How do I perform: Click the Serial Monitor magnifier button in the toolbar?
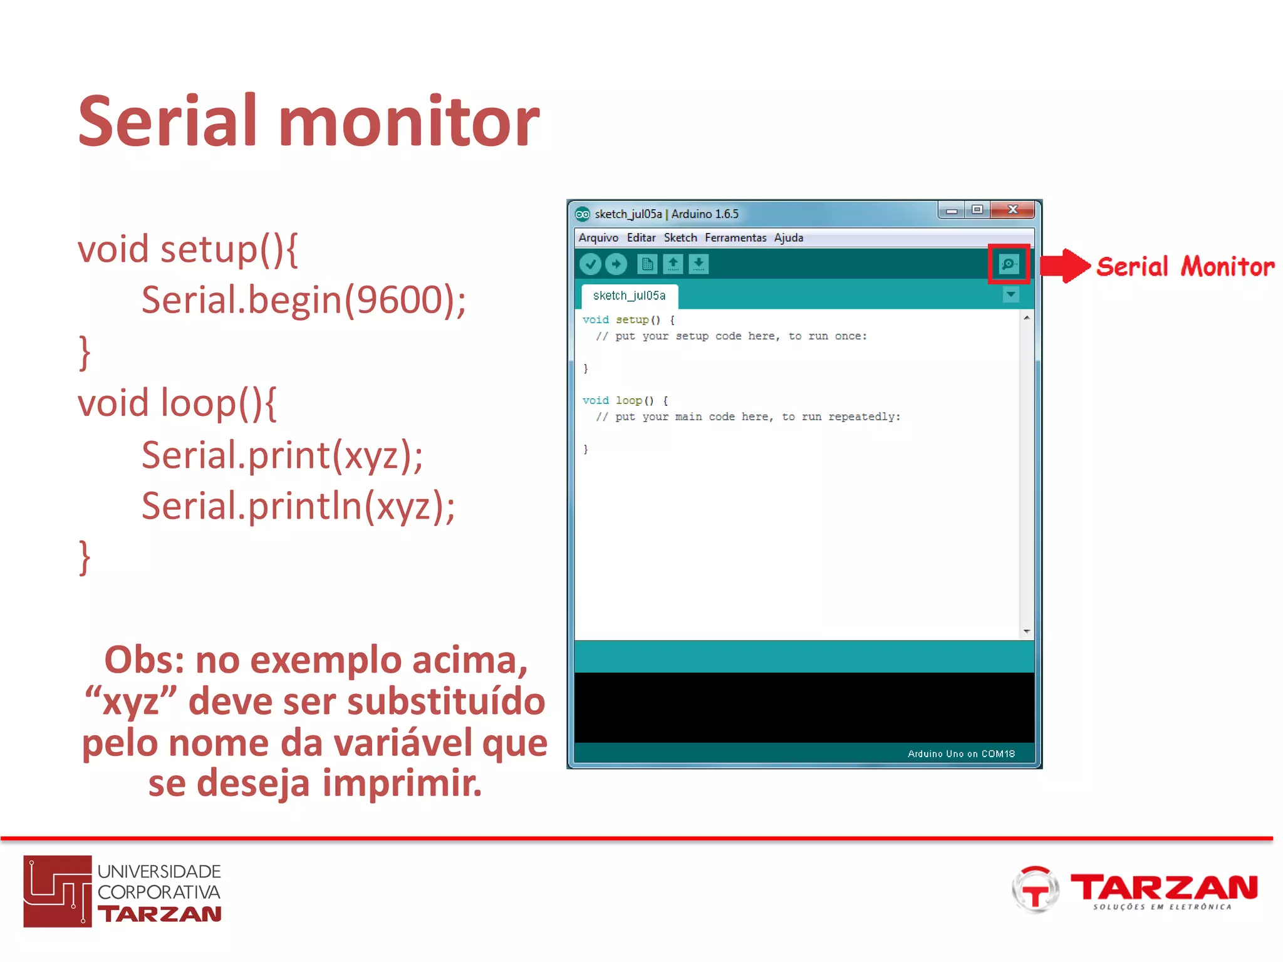pos(1009,264)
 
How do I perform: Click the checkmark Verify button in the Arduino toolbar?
pos(590,264)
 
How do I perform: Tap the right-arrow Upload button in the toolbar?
pos(616,264)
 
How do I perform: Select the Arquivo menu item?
pos(598,238)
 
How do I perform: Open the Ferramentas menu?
pos(735,238)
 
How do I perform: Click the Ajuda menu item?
pos(788,238)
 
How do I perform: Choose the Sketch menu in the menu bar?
pos(680,238)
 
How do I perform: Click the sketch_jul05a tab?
pos(629,296)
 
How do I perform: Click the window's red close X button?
pos(1012,210)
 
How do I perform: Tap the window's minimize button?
pos(952,210)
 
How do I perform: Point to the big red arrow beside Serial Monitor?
pos(1065,266)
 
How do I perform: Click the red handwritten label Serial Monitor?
pos(1185,267)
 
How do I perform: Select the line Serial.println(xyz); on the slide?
pos(298,506)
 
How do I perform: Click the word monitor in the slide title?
pos(408,122)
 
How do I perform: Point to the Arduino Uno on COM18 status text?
pos(961,753)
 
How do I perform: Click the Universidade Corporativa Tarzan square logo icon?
pos(58,891)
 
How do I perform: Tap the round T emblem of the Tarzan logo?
pos(1035,889)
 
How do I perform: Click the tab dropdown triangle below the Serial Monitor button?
pos(1010,294)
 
